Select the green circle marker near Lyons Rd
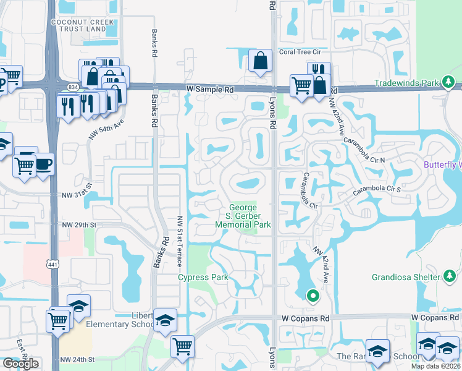click(x=313, y=296)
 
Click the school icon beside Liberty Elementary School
click(x=165, y=320)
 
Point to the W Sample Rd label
click(x=210, y=90)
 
